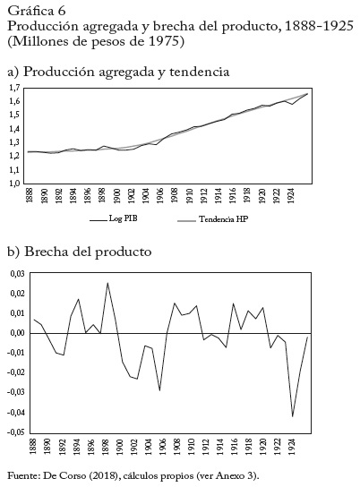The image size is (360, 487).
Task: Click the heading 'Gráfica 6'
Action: [x=37, y=11]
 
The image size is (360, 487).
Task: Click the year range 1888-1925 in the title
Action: [x=319, y=26]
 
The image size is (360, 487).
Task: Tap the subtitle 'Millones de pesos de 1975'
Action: [x=96, y=41]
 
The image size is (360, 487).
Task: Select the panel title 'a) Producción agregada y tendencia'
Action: [x=118, y=72]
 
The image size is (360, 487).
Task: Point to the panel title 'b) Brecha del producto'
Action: [x=80, y=252]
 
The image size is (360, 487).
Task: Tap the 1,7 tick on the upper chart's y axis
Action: [x=14, y=89]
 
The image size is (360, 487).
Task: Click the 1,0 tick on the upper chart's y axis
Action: [x=14, y=184]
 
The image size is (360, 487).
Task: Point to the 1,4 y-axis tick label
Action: [x=14, y=129]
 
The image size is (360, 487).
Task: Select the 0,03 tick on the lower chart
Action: [x=18, y=274]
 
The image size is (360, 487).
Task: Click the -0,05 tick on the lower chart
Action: [x=16, y=432]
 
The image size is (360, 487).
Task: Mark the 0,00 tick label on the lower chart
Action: [x=18, y=333]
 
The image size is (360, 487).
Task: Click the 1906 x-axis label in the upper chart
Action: [x=160, y=195]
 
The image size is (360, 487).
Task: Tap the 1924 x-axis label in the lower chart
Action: [x=292, y=447]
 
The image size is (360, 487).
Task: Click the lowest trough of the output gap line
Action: [x=292, y=417]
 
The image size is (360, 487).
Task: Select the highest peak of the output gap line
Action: [x=107, y=283]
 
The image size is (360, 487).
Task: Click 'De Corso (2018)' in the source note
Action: [x=81, y=476]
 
